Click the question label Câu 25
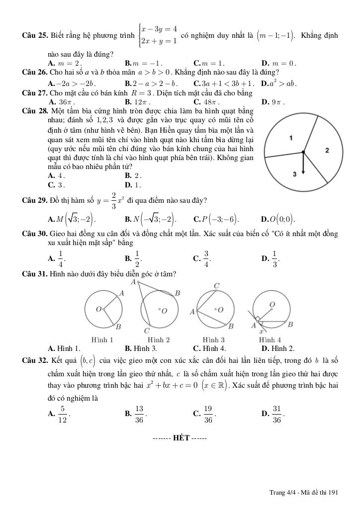click(35, 35)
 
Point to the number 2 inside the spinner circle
click(327, 150)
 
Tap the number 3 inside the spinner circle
click(294, 174)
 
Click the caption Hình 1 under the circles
click(102, 339)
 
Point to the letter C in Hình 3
click(216, 286)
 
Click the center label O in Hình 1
click(98, 309)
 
